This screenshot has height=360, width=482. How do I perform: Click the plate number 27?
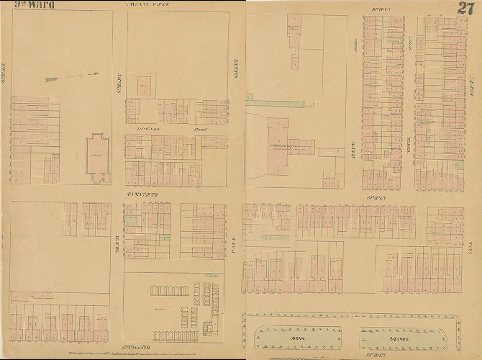tap(465, 9)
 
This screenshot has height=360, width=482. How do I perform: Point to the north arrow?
tap(71, 76)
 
